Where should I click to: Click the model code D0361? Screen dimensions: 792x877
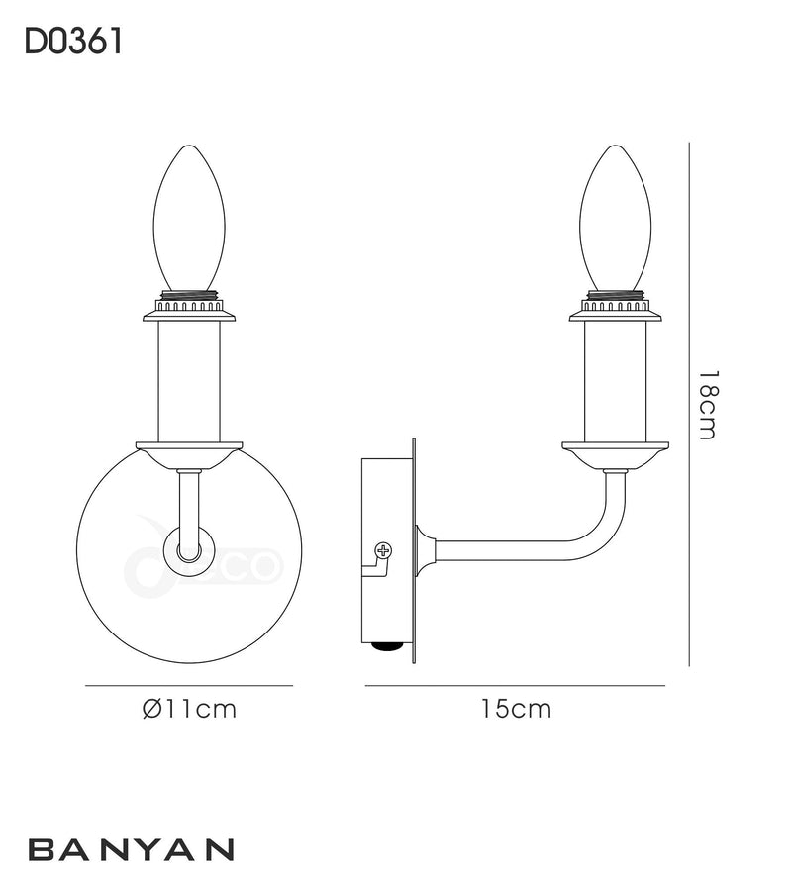pos(73,42)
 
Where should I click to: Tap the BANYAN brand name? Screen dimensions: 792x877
pos(131,849)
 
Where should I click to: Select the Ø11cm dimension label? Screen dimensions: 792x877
pos(190,709)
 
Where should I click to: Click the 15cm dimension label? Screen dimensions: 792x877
pos(516,709)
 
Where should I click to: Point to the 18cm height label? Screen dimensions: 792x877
pos(707,405)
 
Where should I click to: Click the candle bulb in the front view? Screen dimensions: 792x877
pos(189,219)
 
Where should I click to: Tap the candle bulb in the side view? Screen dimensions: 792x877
pos(615,219)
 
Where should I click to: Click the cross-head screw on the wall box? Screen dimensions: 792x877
pos(383,550)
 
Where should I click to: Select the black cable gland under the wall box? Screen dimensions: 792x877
pos(386,647)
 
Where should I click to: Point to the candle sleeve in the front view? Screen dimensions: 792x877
pos(189,382)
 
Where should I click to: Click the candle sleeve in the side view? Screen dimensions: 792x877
pos(615,382)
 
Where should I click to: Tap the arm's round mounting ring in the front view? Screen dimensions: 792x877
pos(188,551)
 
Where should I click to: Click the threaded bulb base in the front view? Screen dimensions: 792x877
pos(189,295)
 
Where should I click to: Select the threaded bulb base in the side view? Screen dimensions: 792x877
pos(615,295)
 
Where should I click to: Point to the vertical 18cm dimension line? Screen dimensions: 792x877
pos(689,404)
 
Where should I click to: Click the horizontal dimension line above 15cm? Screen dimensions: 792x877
pos(515,685)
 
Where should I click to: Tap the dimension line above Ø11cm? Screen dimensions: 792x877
pos(189,685)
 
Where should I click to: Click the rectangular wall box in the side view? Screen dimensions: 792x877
pos(387,551)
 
